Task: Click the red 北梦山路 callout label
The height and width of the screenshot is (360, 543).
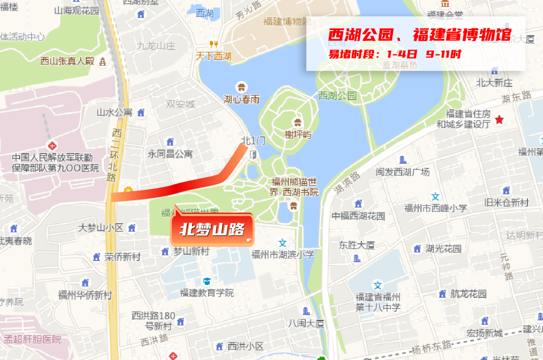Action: pos(212,230)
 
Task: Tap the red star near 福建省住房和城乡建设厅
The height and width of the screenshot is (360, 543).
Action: pos(499,120)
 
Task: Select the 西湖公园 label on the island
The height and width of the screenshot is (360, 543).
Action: pos(337,96)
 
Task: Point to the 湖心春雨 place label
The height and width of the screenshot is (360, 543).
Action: pos(242,100)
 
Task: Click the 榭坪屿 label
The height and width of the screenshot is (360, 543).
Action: pos(298,135)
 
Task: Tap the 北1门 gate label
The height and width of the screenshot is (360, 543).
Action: pos(253,141)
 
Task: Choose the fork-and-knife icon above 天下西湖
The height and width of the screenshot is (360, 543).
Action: pos(214,44)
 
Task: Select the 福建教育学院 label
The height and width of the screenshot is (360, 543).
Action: pos(207,293)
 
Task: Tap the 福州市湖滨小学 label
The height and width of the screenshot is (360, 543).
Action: pos(283,254)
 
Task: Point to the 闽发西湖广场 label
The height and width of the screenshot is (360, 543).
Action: pos(403,172)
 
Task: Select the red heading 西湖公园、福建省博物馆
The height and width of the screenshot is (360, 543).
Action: pos(419,35)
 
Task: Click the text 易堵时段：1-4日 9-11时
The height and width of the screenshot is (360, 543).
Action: pos(395,54)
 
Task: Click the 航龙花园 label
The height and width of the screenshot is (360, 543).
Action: pos(468,294)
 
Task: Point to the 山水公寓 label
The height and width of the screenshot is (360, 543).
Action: pos(115,112)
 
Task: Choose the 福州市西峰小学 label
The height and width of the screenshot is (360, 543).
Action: pos(435,208)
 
